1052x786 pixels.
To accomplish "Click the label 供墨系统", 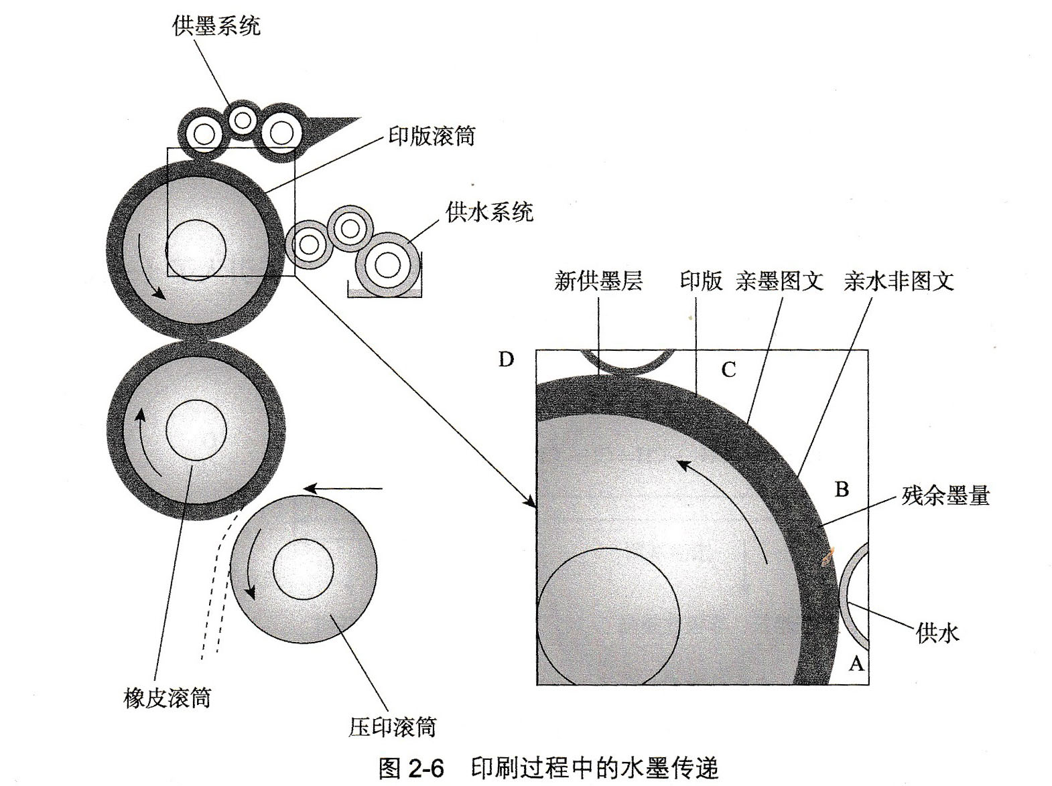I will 216,26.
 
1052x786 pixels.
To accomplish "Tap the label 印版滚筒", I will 431,136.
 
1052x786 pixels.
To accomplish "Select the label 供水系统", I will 489,212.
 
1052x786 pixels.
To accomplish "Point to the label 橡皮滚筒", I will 167,698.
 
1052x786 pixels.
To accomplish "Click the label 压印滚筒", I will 392,726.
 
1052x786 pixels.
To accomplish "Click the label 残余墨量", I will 945,495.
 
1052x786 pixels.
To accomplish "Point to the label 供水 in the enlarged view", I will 937,633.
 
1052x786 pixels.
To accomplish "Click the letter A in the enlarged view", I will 856,663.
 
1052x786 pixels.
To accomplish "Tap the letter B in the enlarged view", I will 842,489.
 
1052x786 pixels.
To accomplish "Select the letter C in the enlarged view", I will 728,370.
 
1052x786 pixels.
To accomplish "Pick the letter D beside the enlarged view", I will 506,360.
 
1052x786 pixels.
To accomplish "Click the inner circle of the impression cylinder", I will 303,570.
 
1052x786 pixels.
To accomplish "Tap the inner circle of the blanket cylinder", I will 196,430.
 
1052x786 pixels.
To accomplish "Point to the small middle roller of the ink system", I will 242,121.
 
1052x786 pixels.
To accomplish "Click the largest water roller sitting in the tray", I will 387,265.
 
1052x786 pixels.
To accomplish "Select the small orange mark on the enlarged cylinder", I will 829,555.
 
